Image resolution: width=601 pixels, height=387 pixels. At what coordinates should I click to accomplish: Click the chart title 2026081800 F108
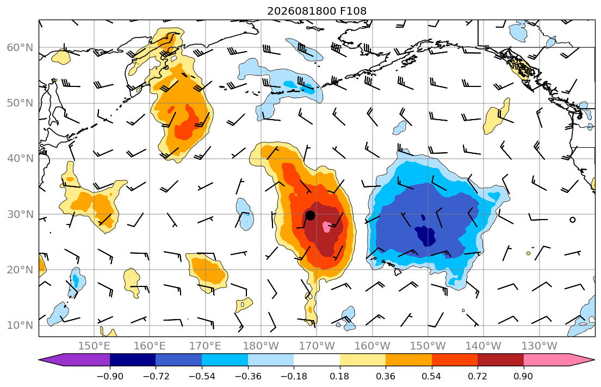coord(317,11)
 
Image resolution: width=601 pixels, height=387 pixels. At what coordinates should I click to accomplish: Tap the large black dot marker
coord(310,215)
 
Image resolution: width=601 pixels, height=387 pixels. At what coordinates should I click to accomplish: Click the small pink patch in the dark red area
coord(327,227)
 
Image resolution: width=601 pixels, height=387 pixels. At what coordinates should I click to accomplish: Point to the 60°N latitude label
coord(20,47)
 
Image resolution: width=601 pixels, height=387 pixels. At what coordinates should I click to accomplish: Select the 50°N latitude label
coord(20,103)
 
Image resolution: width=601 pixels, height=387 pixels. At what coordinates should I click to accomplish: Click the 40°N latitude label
coord(20,159)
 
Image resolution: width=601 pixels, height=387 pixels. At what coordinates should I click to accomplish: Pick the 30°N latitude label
coord(20,214)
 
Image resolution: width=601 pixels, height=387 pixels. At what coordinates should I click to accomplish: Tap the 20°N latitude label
coord(20,270)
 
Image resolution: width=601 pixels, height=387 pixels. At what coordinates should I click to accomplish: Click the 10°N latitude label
coord(20,326)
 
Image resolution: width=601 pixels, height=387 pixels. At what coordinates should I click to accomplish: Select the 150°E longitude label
coord(94,346)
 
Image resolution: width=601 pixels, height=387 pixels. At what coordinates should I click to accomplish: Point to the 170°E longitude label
coord(205,346)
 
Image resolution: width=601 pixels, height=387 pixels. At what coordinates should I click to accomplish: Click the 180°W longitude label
coord(261,346)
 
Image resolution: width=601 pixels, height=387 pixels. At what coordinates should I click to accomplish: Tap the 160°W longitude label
coord(372,346)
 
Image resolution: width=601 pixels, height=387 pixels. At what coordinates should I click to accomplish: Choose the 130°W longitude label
coord(540,346)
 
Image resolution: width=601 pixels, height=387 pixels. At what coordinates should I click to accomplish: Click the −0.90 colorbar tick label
coord(110,376)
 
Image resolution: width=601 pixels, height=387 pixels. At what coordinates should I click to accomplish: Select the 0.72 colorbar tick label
coord(477,376)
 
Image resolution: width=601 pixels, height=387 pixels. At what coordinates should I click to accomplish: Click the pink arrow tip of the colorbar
coord(594,360)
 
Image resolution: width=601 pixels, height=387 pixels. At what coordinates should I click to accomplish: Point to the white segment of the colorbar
coord(317,360)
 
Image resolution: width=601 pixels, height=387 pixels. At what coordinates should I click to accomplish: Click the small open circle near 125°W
coord(573,220)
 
